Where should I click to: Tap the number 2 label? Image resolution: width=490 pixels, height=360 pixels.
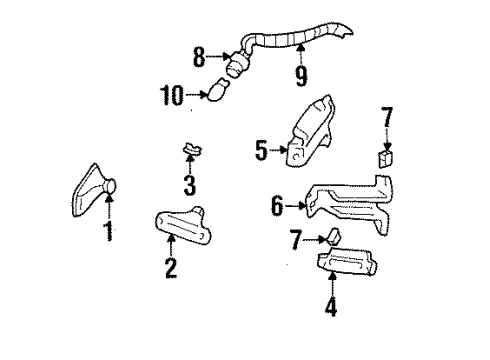[170, 267]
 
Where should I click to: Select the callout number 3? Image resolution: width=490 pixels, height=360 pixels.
[189, 184]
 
